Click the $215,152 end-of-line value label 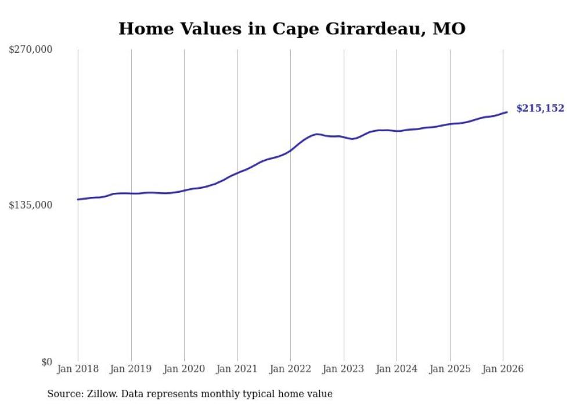point(539,108)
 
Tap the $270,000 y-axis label point(31,50)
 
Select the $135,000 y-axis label point(31,205)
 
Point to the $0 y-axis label point(46,362)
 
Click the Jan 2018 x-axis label point(78,369)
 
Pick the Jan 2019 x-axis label point(131,369)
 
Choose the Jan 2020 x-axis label point(184,369)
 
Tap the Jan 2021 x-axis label point(237,369)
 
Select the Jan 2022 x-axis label point(290,369)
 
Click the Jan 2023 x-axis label point(343,369)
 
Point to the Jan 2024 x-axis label point(397,369)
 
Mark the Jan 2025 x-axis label point(449,369)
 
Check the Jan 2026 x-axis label point(503,369)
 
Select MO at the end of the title point(450,28)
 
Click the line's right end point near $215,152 point(507,112)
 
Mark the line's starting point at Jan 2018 point(78,199)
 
